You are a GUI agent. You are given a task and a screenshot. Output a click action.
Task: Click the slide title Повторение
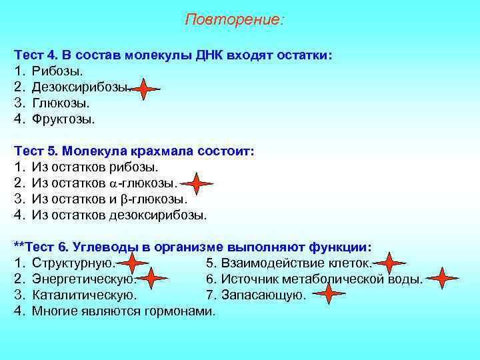coord(234,19)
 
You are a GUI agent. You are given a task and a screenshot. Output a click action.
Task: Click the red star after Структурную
coord(133,263)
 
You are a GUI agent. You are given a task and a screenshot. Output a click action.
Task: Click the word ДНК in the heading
coord(212,54)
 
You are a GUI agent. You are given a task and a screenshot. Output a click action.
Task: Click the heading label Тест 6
coord(43,247)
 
